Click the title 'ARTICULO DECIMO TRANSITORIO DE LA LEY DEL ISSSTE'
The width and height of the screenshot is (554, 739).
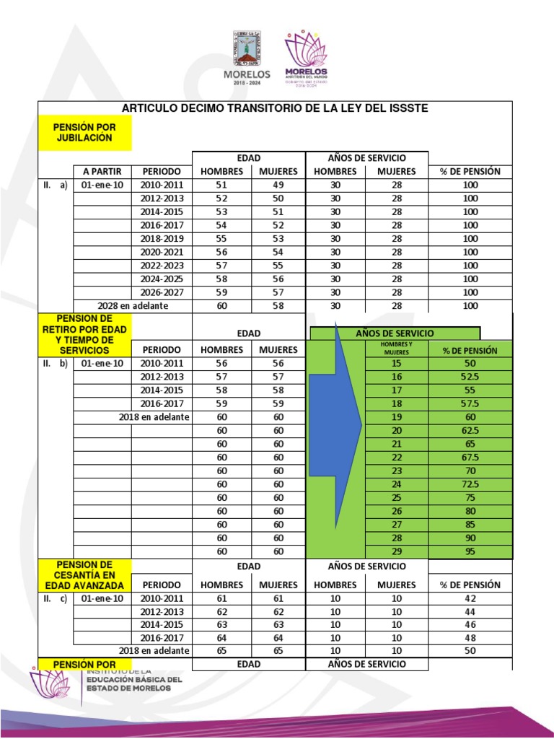(275, 108)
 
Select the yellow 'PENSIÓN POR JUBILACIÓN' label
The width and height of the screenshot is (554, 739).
(84, 132)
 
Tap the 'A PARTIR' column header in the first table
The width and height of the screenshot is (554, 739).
(102, 171)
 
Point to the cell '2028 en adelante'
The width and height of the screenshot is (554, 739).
(132, 306)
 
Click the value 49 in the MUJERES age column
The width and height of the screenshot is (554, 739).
(278, 185)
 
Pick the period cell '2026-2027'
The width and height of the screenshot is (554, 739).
(162, 292)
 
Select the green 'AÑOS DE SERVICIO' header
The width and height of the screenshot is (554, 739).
(395, 333)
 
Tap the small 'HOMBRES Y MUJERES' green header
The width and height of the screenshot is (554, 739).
(396, 349)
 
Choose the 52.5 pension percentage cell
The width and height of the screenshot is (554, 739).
(470, 377)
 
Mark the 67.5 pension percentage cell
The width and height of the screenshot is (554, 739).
(470, 458)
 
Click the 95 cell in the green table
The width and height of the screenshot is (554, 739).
(470, 551)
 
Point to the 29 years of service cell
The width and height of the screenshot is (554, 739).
(396, 551)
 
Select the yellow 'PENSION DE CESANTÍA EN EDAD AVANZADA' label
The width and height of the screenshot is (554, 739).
(84, 575)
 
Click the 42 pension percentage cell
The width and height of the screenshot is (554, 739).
(470, 598)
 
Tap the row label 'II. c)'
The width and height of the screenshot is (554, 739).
(54, 598)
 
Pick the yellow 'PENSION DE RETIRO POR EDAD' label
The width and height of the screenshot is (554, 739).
(84, 334)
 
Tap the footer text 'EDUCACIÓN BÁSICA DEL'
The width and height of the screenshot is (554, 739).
(134, 679)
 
